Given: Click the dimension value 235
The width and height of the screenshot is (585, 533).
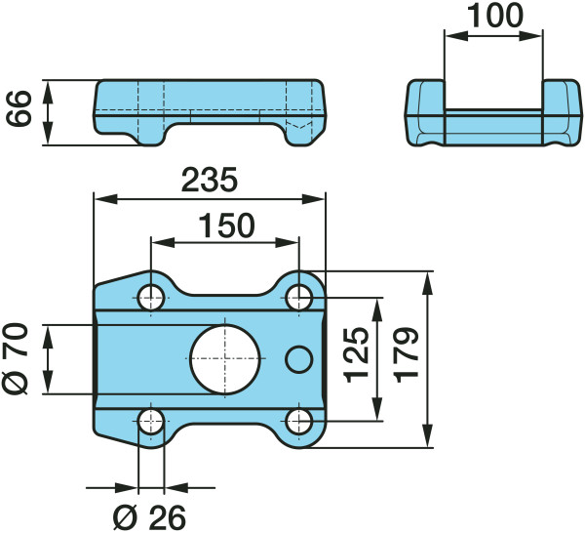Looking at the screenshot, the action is [x=210, y=180].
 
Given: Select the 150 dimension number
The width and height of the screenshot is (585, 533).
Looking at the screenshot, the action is [x=227, y=225].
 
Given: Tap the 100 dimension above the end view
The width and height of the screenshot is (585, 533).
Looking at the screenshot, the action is [x=495, y=16].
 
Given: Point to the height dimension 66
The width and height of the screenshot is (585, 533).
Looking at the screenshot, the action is [x=19, y=108].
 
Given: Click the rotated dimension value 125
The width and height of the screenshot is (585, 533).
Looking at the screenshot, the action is [x=356, y=355].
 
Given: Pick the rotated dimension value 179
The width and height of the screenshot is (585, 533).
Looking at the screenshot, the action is [x=407, y=355].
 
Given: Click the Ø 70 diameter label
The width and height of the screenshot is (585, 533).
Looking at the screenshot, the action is [x=16, y=359].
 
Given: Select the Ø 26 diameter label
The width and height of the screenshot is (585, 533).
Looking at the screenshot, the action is [x=149, y=518].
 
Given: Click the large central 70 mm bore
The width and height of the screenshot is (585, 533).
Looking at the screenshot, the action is [x=225, y=359].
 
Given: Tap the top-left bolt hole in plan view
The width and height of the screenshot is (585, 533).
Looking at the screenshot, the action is [x=151, y=298].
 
